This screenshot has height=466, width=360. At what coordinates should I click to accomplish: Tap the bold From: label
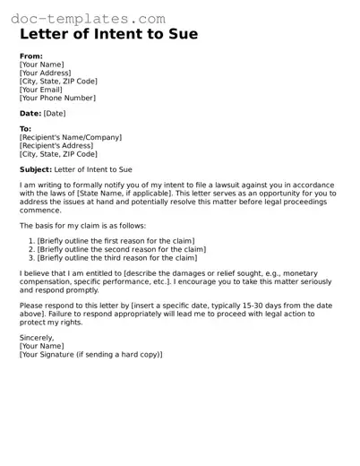click(30, 55)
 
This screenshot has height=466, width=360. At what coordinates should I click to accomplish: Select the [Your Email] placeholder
click(44, 90)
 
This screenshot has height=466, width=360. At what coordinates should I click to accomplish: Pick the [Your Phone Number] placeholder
click(57, 98)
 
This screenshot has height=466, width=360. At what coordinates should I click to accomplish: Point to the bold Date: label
click(30, 113)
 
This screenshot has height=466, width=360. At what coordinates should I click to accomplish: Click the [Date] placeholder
click(55, 113)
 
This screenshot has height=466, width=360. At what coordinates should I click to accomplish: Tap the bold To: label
click(25, 129)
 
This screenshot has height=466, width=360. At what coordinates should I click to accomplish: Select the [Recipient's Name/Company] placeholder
click(71, 137)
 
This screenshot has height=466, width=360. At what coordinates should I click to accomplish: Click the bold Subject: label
click(36, 168)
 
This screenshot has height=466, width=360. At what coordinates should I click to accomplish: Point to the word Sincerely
click(37, 337)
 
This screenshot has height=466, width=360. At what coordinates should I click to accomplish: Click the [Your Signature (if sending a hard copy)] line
click(90, 355)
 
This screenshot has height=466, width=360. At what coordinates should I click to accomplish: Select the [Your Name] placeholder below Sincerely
click(42, 346)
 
